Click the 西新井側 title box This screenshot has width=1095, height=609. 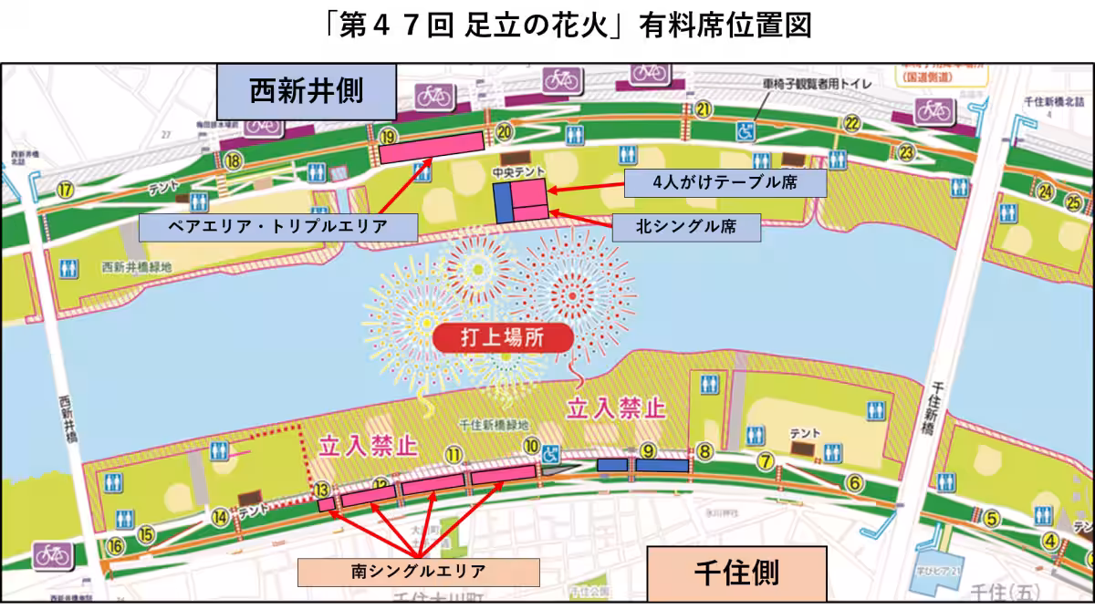tap(306, 91)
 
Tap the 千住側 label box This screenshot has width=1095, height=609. tap(736, 573)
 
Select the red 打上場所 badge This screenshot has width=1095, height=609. tap(503, 337)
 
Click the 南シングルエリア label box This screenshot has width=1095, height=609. tap(418, 572)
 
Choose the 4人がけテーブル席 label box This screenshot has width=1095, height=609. tap(725, 183)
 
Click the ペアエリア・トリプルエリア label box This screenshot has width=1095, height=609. tap(277, 227)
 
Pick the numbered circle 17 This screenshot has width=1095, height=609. tap(65, 190)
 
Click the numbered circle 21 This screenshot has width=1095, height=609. tap(703, 109)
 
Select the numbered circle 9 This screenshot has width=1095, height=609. tap(648, 449)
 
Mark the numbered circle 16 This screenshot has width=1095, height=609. tap(114, 545)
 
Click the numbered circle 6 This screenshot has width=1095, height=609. tap(854, 482)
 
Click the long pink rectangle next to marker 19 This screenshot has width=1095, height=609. tap(432, 146)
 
